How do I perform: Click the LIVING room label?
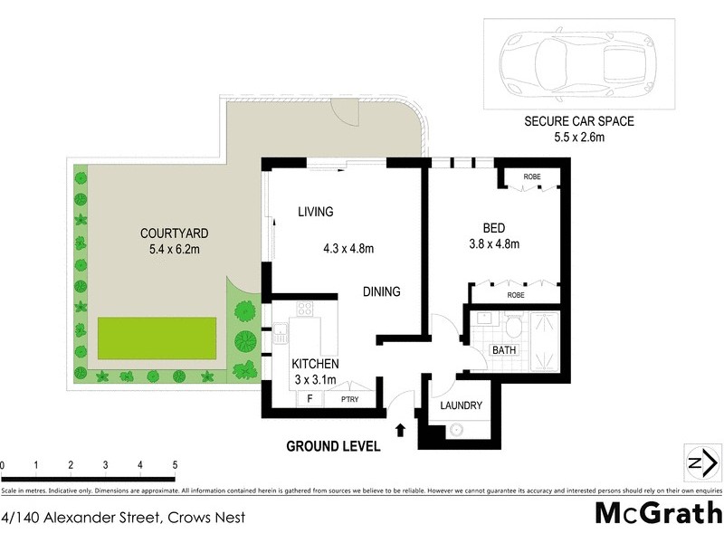[x=316, y=212]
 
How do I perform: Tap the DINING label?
[x=381, y=292]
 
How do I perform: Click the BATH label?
[x=503, y=349]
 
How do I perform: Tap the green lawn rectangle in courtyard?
[x=157, y=336]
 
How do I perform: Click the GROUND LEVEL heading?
[x=333, y=446]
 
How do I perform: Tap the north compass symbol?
[x=700, y=462]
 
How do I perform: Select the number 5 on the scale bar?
[x=174, y=465]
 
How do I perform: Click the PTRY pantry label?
[x=348, y=398]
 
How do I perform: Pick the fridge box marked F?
[x=310, y=398]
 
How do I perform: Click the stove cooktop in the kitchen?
[x=304, y=309]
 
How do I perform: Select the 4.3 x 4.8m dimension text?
[x=348, y=248]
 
